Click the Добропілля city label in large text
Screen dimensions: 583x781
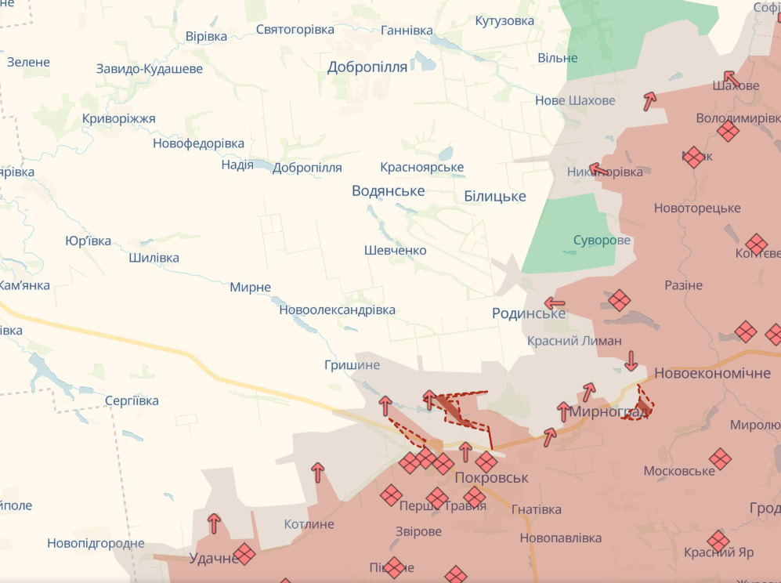367,67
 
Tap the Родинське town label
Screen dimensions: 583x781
528,313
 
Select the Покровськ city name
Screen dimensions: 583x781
492,477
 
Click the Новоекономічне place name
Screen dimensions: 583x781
712,373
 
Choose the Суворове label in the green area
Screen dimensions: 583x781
602,241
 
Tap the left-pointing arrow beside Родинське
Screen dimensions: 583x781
555,303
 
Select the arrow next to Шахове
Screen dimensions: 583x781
731,78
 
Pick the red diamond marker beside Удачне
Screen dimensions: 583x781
244,554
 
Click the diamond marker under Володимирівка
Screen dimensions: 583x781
729,131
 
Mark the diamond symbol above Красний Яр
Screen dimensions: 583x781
718,541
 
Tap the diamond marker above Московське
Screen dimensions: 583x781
721,459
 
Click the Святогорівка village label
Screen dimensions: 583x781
295,30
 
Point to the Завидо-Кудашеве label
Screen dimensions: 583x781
149,69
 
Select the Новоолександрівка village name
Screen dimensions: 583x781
337,310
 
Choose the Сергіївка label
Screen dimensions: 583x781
132,401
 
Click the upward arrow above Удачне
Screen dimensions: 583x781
214,523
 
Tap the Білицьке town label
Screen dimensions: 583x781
494,196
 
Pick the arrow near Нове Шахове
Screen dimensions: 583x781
649,100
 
